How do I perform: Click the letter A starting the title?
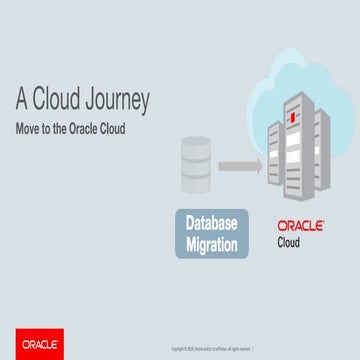pyautogui.click(x=21, y=101)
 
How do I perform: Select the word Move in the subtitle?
pyautogui.click(x=28, y=129)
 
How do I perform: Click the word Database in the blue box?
pyautogui.click(x=211, y=221)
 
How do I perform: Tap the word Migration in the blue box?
pyautogui.click(x=211, y=243)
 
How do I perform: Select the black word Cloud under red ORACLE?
pyautogui.click(x=292, y=242)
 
